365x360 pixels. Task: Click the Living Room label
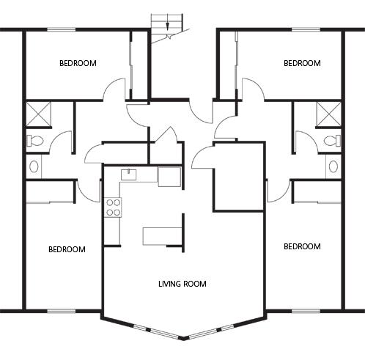[182, 284]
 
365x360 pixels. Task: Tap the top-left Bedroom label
[78, 63]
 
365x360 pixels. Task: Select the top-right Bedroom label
[302, 63]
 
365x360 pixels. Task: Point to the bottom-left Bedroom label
[67, 249]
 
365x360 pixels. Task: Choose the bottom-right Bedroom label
[302, 246]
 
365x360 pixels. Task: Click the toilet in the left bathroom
[34, 141]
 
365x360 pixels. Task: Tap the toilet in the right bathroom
[332, 141]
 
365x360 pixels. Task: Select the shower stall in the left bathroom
[38, 114]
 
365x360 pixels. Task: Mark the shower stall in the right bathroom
[328, 114]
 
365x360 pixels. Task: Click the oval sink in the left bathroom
[34, 166]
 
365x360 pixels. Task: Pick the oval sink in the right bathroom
[333, 166]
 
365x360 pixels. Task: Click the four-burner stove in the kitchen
[113, 207]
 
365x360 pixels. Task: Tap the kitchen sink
[129, 175]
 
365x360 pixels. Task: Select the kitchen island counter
[162, 236]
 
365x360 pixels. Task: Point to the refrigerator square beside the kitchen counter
[169, 177]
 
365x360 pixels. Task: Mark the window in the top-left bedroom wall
[62, 30]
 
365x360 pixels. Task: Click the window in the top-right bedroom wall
[306, 30]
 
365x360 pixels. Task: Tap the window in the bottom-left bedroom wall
[62, 311]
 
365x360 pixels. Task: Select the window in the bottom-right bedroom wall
[306, 311]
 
